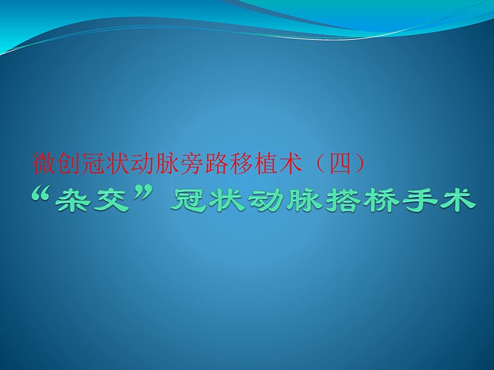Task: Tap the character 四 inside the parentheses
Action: tap(340, 163)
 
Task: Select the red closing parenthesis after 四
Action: tap(359, 163)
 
